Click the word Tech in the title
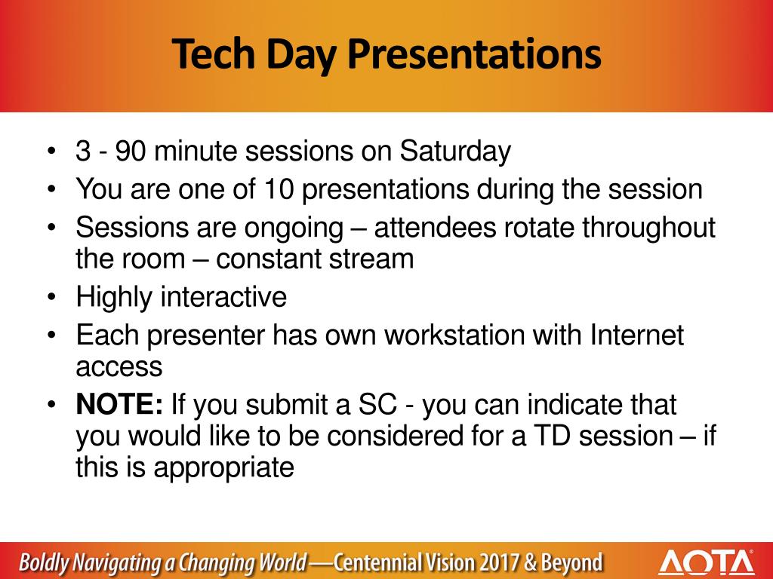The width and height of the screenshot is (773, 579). pyautogui.click(x=214, y=54)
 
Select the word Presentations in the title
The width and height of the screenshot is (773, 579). pyautogui.click(x=474, y=54)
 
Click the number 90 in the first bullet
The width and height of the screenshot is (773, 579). pyautogui.click(x=131, y=151)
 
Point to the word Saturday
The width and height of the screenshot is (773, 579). pyautogui.click(x=455, y=152)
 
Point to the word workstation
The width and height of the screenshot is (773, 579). pyautogui.click(x=454, y=335)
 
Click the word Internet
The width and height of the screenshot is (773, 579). pyautogui.click(x=637, y=335)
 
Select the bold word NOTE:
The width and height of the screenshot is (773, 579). pyautogui.click(x=119, y=404)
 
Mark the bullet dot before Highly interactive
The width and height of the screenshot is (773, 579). pyautogui.click(x=52, y=297)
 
